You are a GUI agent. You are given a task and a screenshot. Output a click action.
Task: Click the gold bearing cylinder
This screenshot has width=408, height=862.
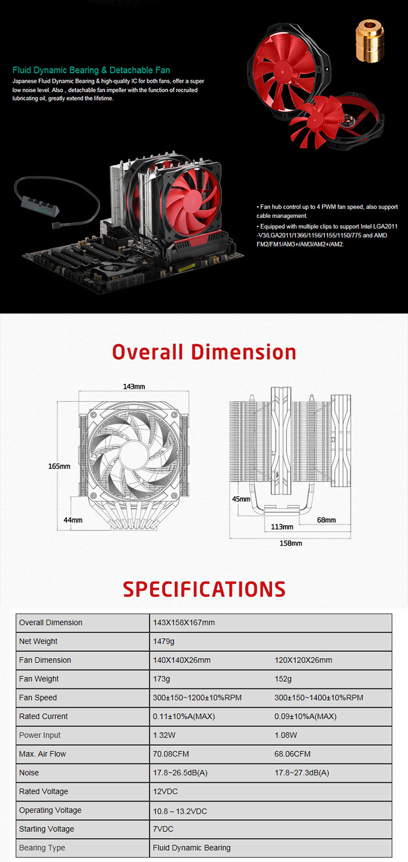[x=370, y=42]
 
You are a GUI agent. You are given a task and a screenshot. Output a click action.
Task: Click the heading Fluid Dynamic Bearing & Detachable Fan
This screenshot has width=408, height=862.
[x=91, y=70]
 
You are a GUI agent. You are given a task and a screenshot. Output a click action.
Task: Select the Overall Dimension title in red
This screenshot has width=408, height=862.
[x=204, y=352]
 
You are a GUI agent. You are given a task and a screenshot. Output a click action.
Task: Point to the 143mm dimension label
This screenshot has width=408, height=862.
[x=134, y=386]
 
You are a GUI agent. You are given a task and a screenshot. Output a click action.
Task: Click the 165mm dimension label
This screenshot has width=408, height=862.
[x=59, y=466]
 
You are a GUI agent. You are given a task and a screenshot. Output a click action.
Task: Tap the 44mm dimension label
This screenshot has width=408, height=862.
[x=73, y=520]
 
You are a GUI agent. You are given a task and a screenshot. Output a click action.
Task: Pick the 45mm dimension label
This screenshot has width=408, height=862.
[x=241, y=499]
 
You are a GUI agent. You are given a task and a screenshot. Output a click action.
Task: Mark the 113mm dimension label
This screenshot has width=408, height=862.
[x=282, y=527]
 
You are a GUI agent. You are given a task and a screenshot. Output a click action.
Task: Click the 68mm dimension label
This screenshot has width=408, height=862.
[x=326, y=520]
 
